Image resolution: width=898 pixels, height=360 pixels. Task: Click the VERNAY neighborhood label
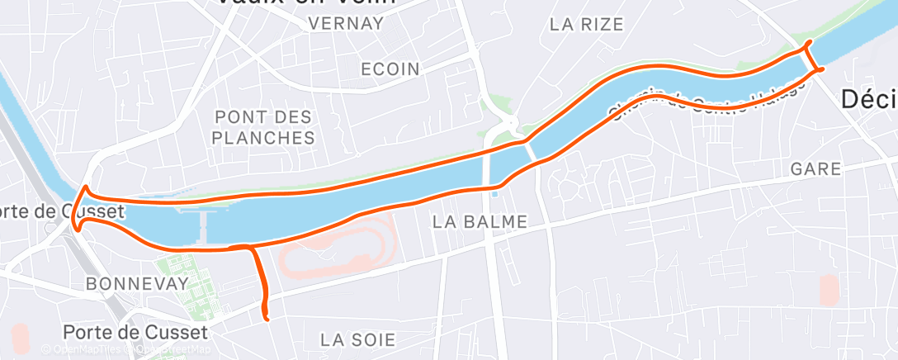[345, 23]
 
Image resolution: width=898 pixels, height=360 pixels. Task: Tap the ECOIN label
[390, 69]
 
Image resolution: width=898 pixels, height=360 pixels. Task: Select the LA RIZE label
[586, 24]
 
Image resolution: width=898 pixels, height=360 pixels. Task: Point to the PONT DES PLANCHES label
[264, 126]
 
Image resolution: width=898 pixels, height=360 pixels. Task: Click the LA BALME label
[480, 221]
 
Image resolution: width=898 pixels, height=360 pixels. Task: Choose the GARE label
[815, 169]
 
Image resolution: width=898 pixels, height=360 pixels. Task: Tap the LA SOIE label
[358, 339]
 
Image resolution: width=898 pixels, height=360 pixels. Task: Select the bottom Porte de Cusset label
[136, 332]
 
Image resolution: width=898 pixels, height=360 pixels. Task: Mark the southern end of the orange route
[266, 316]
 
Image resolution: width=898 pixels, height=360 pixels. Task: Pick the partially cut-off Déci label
[868, 100]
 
